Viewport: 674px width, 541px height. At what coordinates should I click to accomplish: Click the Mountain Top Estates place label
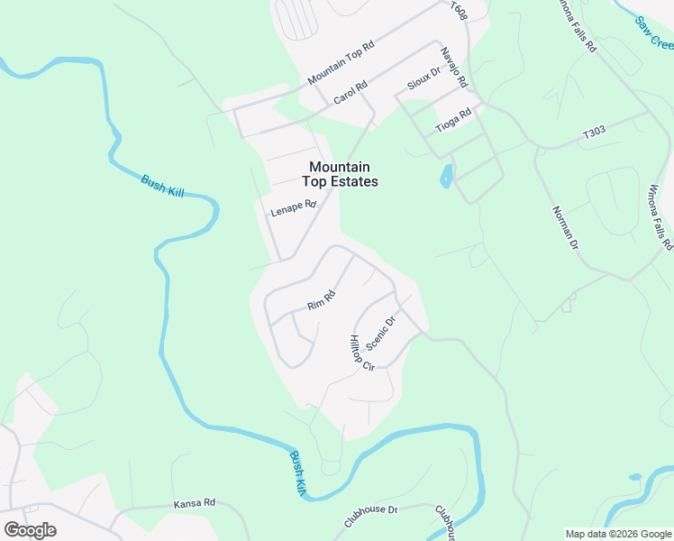click(342, 174)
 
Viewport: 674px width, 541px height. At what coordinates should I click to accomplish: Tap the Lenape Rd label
click(294, 208)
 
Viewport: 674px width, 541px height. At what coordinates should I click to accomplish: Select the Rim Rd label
click(321, 299)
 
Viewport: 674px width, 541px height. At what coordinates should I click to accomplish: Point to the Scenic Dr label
click(382, 334)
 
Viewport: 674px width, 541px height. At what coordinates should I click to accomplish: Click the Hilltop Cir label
click(361, 353)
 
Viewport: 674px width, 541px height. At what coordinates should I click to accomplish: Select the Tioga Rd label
click(453, 121)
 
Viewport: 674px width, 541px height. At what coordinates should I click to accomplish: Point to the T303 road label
click(593, 133)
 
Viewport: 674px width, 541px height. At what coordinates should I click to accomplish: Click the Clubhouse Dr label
click(370, 516)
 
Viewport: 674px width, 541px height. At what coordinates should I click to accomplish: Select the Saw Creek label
click(654, 33)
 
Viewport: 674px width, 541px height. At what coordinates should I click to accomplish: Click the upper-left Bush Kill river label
click(162, 187)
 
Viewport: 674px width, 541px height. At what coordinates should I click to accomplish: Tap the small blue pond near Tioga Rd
click(446, 176)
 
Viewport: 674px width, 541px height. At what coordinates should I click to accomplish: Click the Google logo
click(30, 529)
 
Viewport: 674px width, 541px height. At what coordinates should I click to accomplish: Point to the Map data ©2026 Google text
click(617, 534)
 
